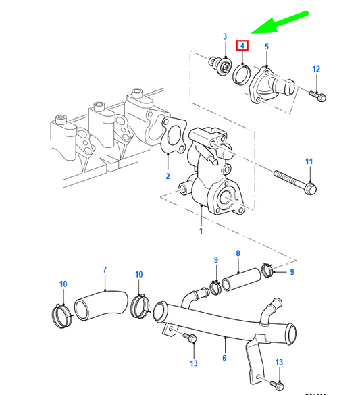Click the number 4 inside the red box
point(242,47)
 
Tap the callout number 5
point(266,47)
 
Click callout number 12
point(315,69)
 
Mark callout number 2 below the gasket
point(168,176)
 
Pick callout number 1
point(201,231)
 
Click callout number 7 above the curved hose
point(105,271)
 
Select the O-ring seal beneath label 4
point(242,72)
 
